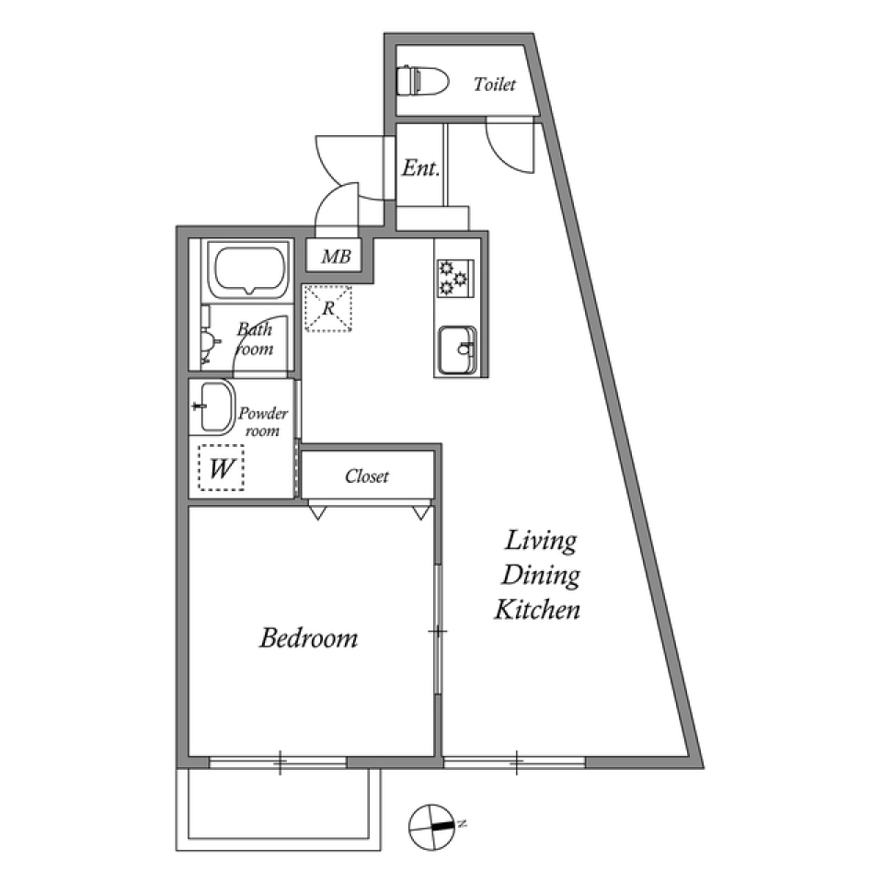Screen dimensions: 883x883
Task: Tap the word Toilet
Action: pyautogui.click(x=495, y=85)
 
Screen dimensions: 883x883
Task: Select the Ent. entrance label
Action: pyautogui.click(x=419, y=168)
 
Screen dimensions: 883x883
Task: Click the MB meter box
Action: pyautogui.click(x=336, y=258)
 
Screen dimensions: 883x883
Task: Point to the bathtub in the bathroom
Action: pyautogui.click(x=246, y=269)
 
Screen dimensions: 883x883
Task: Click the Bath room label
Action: pyautogui.click(x=255, y=338)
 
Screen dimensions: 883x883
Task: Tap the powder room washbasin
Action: pyautogui.click(x=212, y=407)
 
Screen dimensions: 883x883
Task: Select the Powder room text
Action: pyautogui.click(x=263, y=421)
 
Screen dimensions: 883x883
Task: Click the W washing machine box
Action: pyautogui.click(x=222, y=468)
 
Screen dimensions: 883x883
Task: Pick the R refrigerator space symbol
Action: pyautogui.click(x=327, y=308)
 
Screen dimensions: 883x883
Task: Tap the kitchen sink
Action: pyautogui.click(x=457, y=350)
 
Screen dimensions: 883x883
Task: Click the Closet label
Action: pyautogui.click(x=367, y=476)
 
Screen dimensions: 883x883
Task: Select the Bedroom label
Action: pyautogui.click(x=308, y=637)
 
